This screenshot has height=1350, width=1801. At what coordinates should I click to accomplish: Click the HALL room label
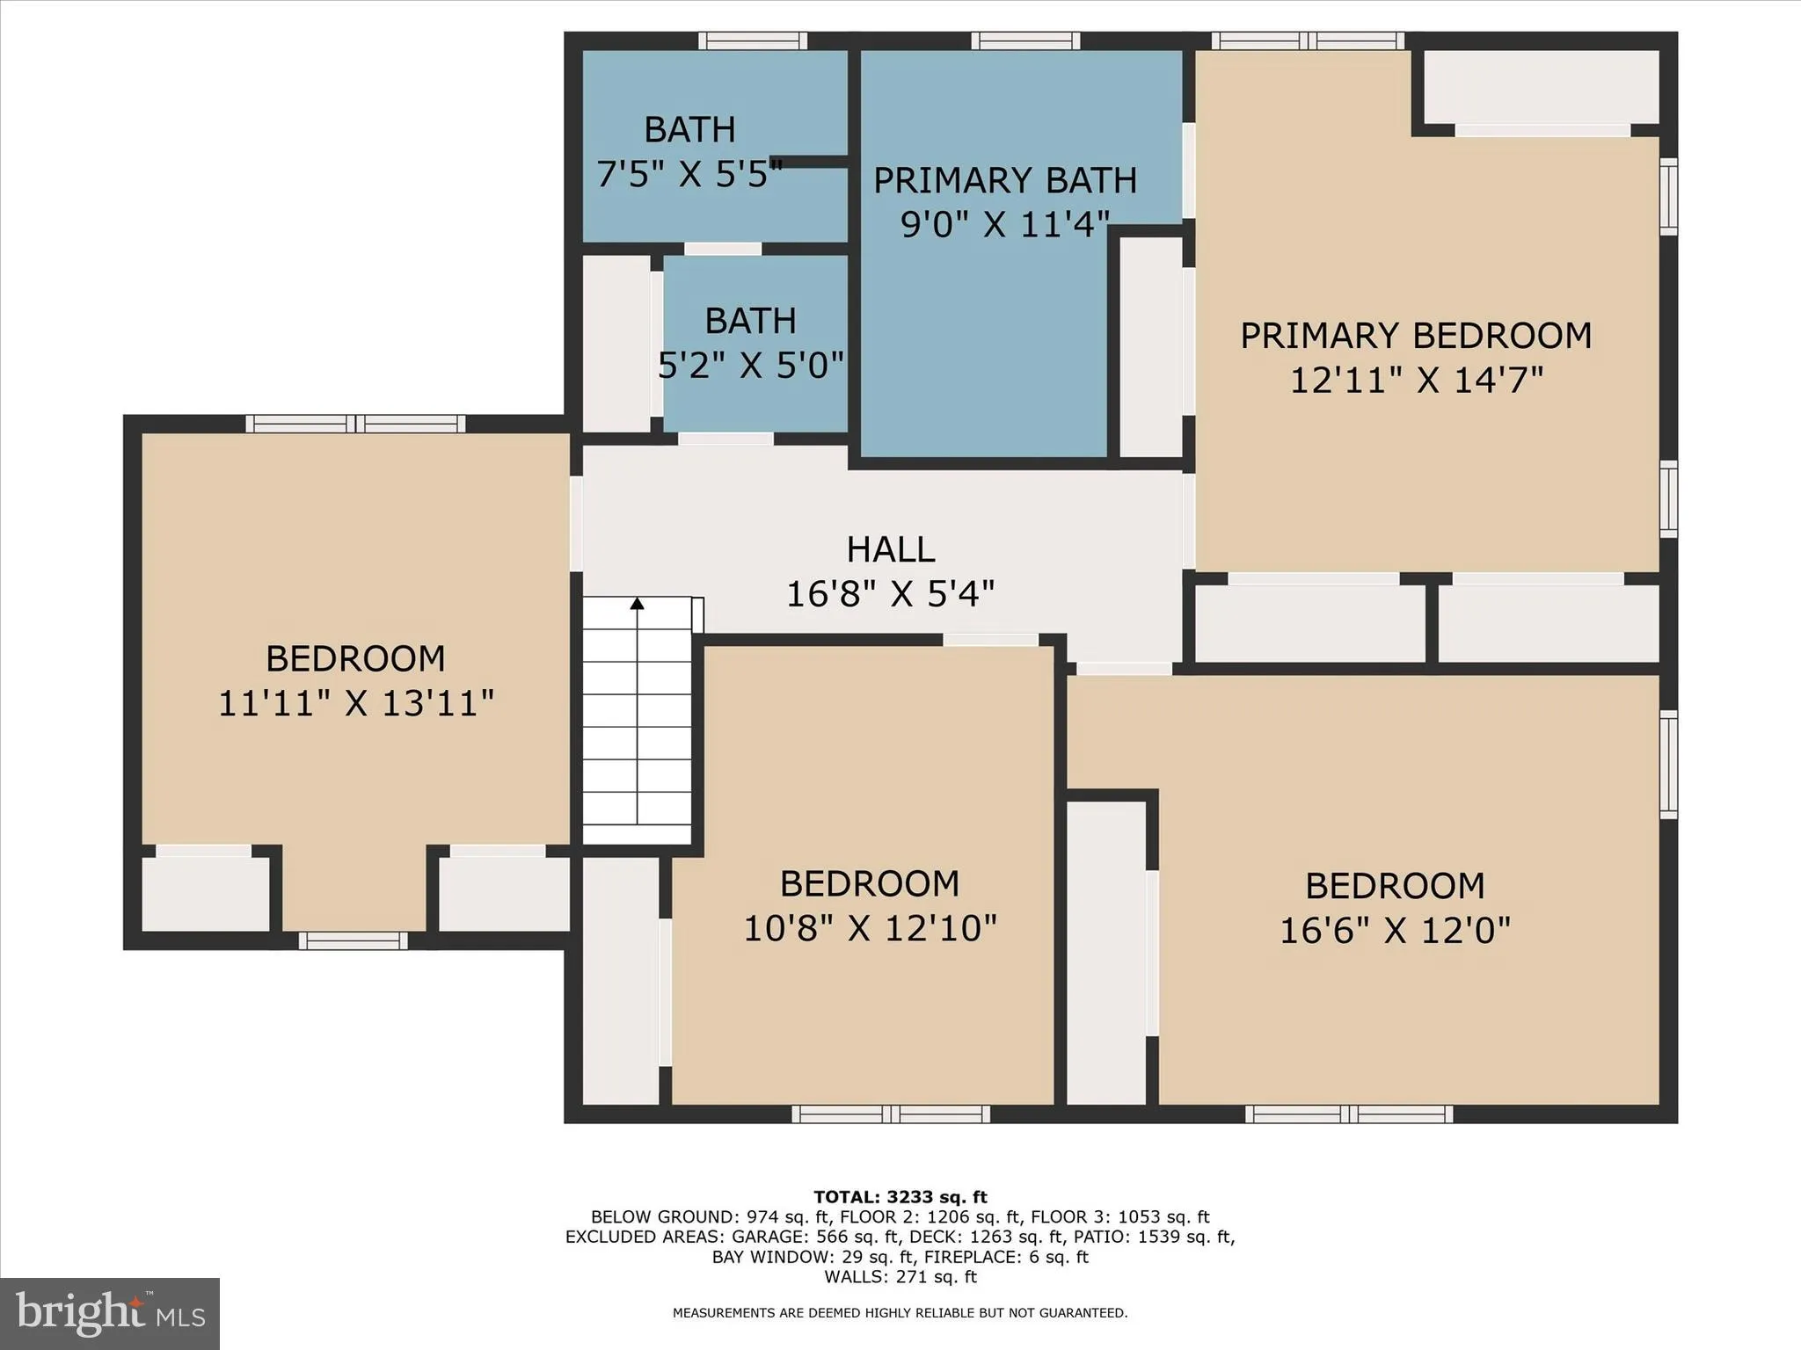tap(890, 549)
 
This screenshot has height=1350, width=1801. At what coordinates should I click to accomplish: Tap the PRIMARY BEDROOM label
tap(1415, 336)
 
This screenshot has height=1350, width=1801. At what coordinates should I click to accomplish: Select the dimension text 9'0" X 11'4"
tap(1004, 224)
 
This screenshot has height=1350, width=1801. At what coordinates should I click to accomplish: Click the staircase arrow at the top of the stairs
tap(637, 604)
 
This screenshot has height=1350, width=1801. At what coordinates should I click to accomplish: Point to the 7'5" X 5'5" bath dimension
tap(689, 174)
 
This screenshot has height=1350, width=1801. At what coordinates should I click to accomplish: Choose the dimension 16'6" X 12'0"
tap(1395, 930)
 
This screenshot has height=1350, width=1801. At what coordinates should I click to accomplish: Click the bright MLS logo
tap(110, 1313)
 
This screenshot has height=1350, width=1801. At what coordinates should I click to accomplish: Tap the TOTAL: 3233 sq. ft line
tap(900, 1196)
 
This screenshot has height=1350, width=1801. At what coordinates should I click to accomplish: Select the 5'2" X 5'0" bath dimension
tap(750, 364)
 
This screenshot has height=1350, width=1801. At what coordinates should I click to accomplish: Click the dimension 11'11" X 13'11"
tap(355, 703)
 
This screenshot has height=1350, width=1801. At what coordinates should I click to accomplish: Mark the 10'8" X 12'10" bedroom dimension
tap(870, 928)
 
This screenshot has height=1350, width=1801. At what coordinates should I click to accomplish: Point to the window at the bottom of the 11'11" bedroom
tap(353, 940)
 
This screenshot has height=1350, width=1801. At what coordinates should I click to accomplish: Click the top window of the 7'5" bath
tap(753, 40)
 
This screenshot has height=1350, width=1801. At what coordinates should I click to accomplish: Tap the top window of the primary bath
tap(1025, 40)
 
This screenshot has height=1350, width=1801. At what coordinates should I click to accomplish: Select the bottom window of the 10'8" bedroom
tap(891, 1114)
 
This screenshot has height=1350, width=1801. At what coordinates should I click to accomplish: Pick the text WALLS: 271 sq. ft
tap(900, 1276)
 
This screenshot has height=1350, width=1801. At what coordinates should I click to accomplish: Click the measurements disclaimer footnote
tap(900, 1313)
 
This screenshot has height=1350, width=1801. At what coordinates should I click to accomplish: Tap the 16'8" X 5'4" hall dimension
tap(890, 594)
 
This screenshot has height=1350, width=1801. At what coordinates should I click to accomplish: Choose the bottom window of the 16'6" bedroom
tap(1349, 1114)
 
